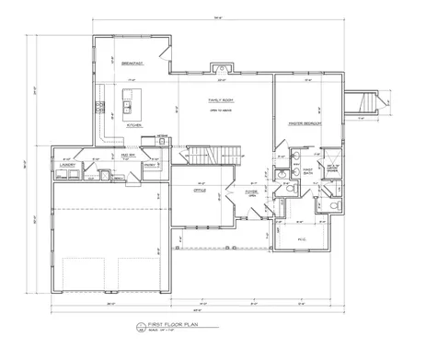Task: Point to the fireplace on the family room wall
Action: click(219, 67)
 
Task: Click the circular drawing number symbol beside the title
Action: click(139, 325)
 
